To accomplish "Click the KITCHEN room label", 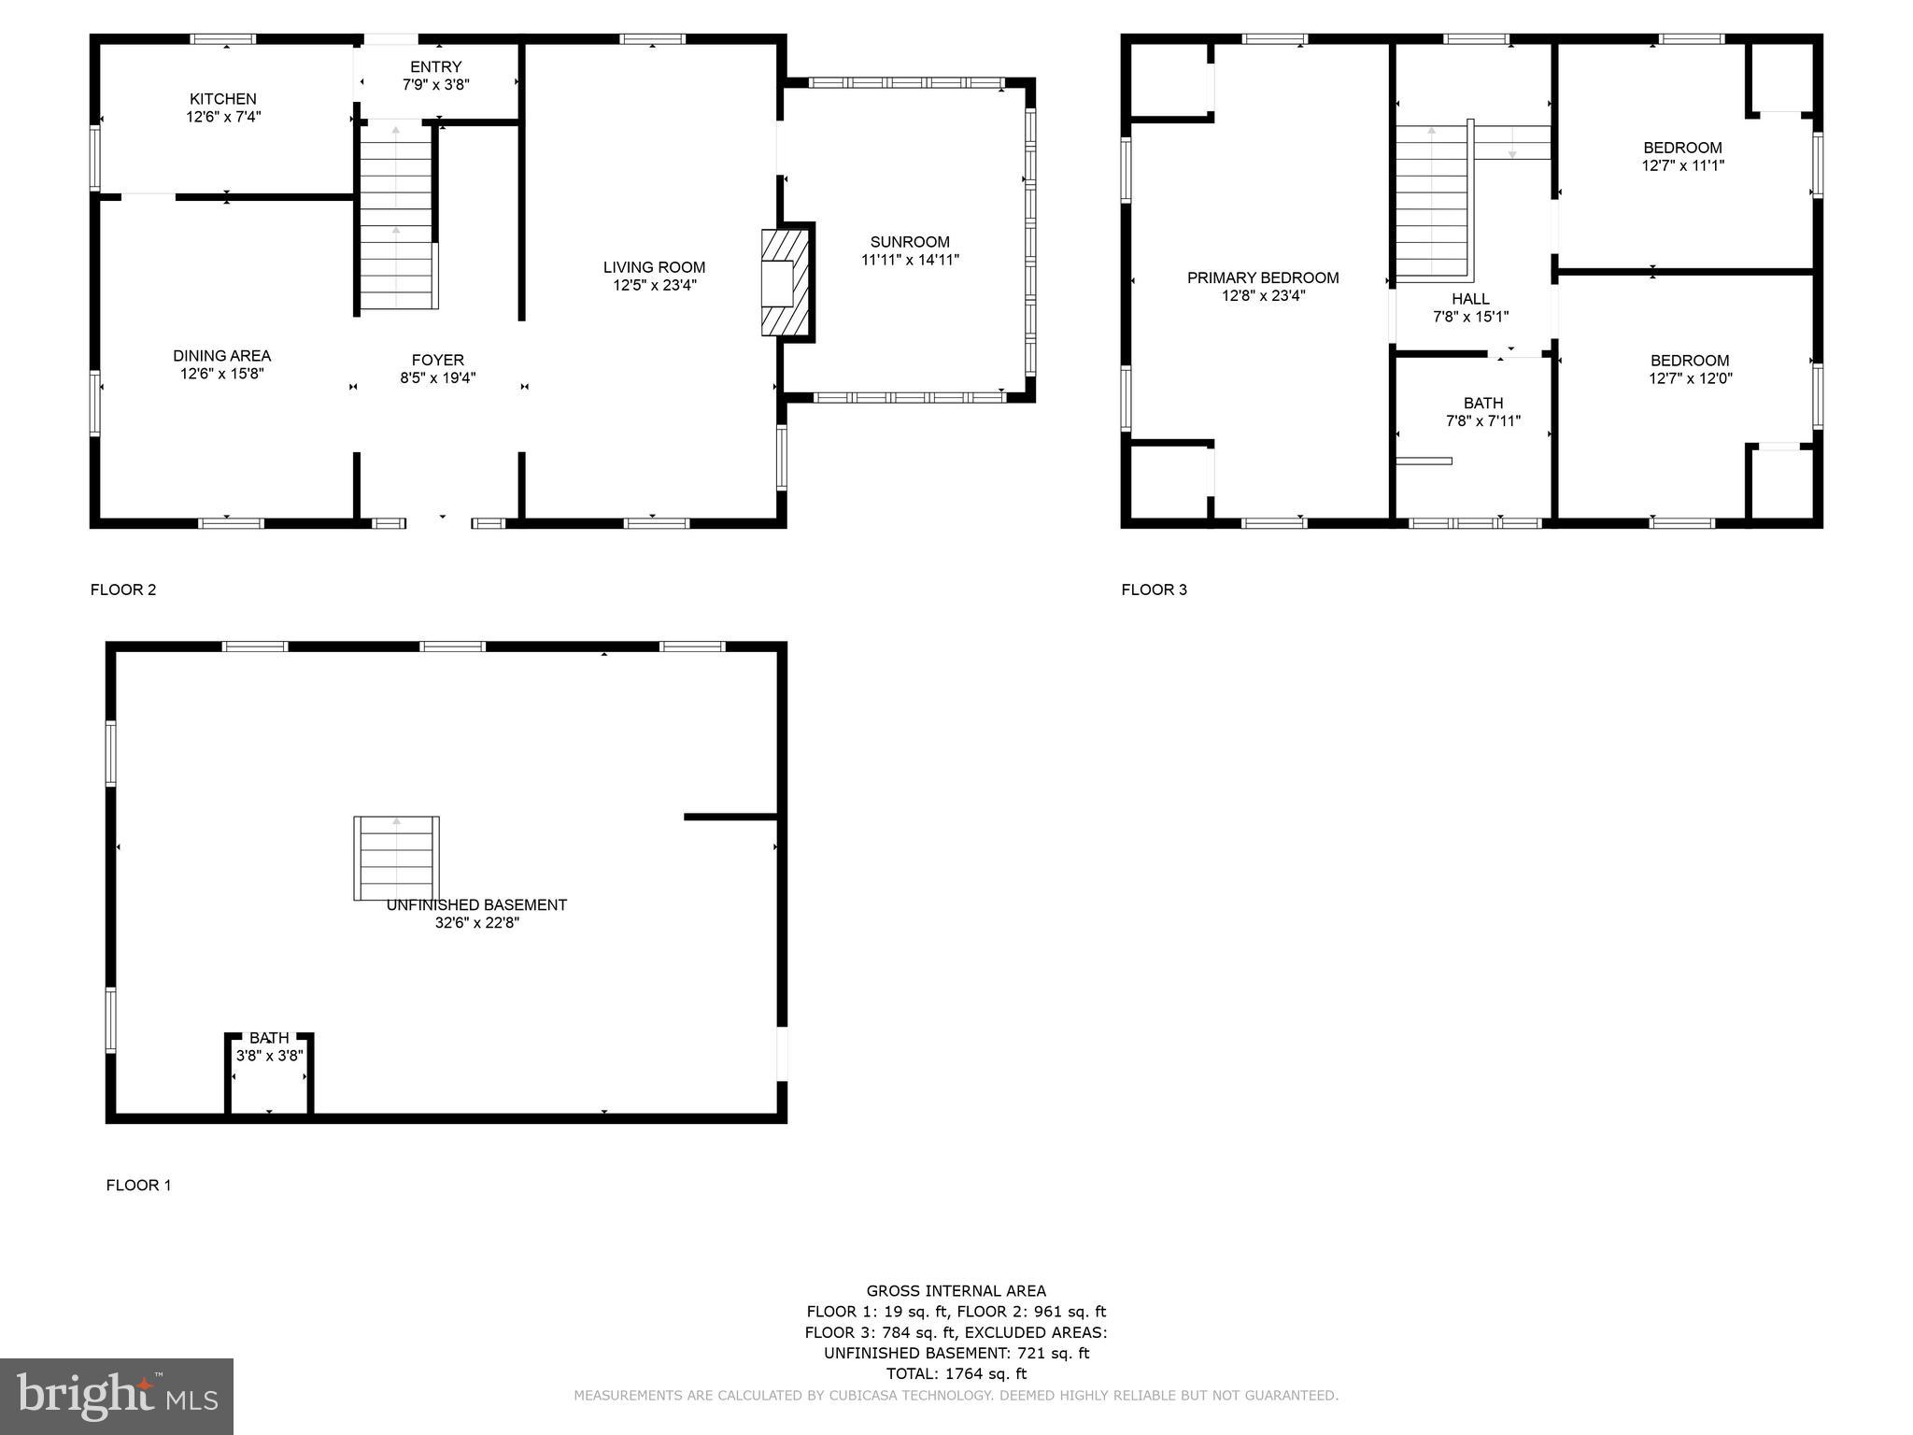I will click(222, 99).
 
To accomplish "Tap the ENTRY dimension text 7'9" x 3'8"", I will click(435, 84).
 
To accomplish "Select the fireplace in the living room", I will click(786, 281).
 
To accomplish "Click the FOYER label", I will click(437, 361).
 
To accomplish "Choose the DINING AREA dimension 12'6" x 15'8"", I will click(222, 374).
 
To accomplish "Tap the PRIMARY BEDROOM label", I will click(1262, 277).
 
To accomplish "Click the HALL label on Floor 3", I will click(1470, 299).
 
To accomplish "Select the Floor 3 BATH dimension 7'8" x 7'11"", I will click(1482, 421).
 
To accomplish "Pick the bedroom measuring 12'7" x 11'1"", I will click(1682, 156).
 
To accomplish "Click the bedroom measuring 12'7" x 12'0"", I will click(1689, 369).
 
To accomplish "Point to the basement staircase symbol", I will click(397, 858).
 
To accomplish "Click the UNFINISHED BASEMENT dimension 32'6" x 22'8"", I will click(476, 923).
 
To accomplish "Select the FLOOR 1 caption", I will click(138, 1186).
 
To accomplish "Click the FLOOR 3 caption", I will click(1154, 590).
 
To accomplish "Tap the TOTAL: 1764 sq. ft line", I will click(956, 1373).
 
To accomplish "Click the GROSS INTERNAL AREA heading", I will click(956, 1291).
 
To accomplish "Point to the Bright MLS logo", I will click(117, 1396).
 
